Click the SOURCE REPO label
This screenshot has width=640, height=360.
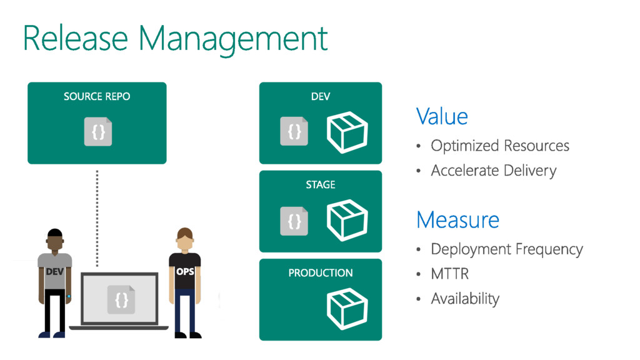[97, 97]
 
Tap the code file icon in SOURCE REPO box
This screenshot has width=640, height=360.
[98, 132]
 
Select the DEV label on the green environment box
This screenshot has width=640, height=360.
[321, 97]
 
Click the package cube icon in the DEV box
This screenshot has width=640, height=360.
[347, 132]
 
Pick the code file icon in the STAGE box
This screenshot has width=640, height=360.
[294, 220]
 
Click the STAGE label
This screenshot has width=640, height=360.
[321, 185]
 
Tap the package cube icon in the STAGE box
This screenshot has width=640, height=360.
[347, 220]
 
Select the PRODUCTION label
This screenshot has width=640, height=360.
[321, 273]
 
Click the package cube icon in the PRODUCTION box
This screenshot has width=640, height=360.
[347, 308]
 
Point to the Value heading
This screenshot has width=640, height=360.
[442, 117]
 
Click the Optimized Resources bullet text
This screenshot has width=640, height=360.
[500, 146]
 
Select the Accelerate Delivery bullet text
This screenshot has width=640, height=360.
[493, 171]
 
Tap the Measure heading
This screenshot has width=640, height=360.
[457, 220]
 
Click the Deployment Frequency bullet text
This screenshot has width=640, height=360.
[507, 249]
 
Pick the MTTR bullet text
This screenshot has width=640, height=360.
[449, 274]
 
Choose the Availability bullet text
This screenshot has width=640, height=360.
[465, 299]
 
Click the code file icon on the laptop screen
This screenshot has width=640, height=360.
[121, 300]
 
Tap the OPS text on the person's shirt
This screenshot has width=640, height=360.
[185, 272]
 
